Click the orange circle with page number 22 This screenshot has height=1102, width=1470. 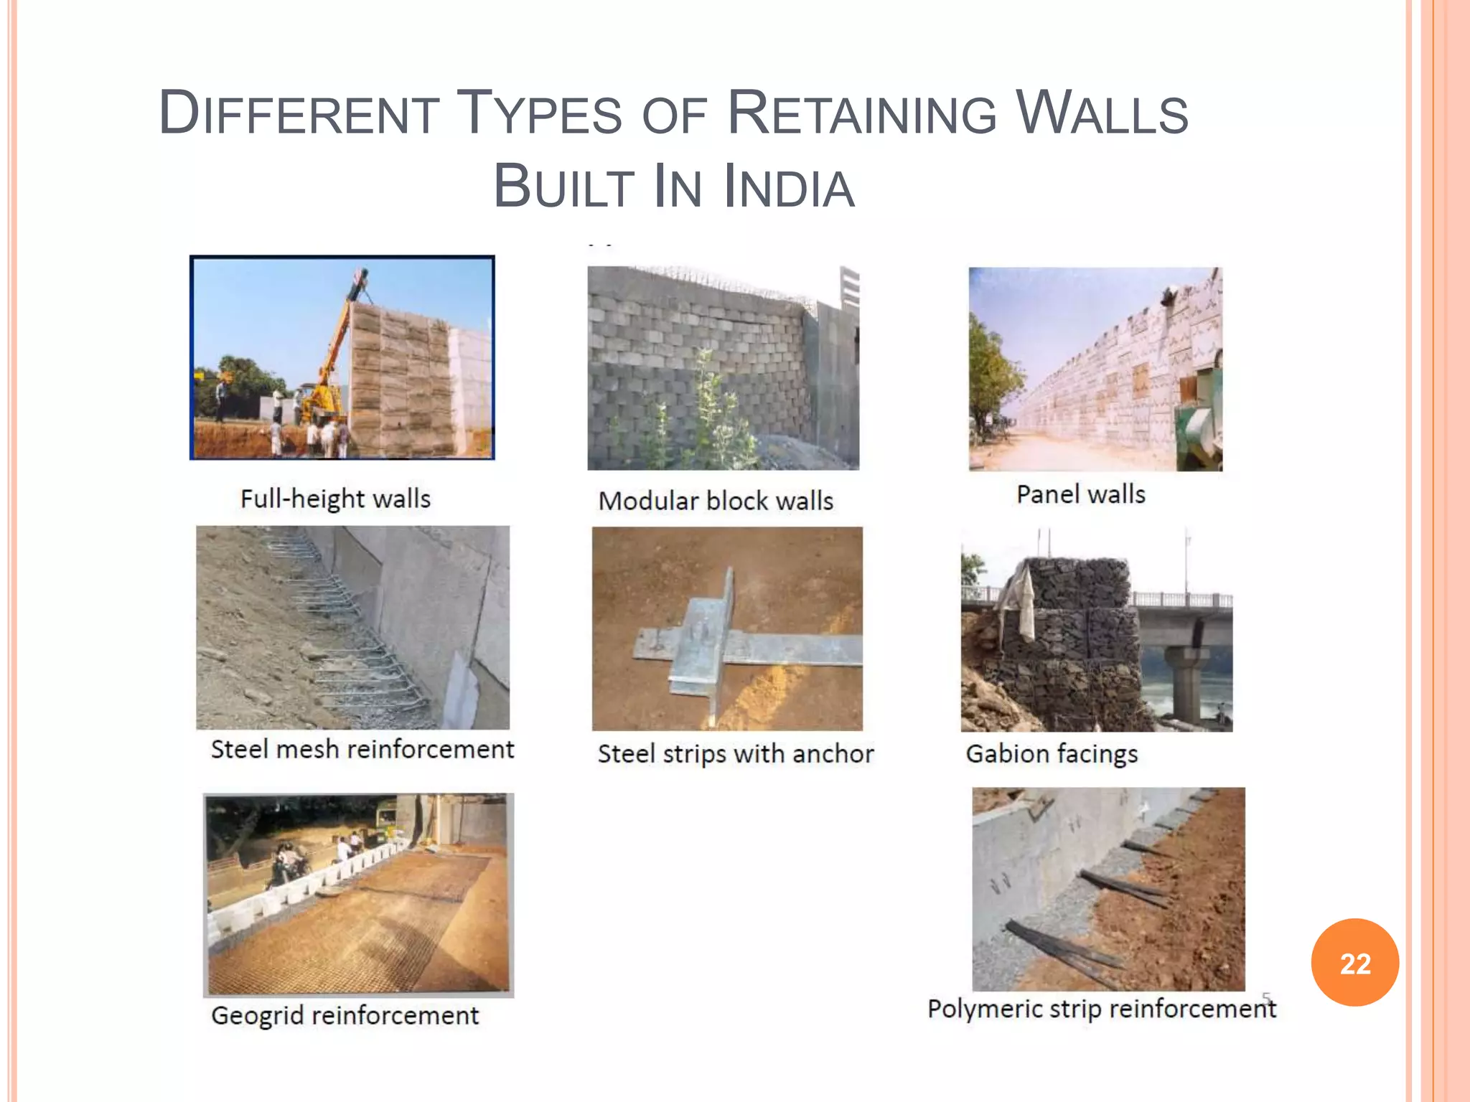click(1354, 963)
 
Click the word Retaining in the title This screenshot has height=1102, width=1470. click(862, 113)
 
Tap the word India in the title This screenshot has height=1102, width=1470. click(789, 187)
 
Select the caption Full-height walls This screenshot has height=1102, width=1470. click(335, 499)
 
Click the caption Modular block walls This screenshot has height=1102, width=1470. click(716, 501)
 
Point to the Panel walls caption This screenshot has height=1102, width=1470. click(1080, 494)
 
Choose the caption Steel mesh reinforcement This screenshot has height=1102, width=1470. click(362, 749)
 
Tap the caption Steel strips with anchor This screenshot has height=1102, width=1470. click(736, 754)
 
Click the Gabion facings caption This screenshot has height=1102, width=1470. click(1052, 754)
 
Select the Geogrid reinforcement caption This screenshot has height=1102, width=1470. click(345, 1016)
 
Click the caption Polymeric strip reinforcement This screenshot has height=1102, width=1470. click(1102, 1009)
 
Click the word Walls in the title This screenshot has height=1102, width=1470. click(1102, 113)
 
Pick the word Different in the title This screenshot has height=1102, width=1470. click(299, 113)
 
